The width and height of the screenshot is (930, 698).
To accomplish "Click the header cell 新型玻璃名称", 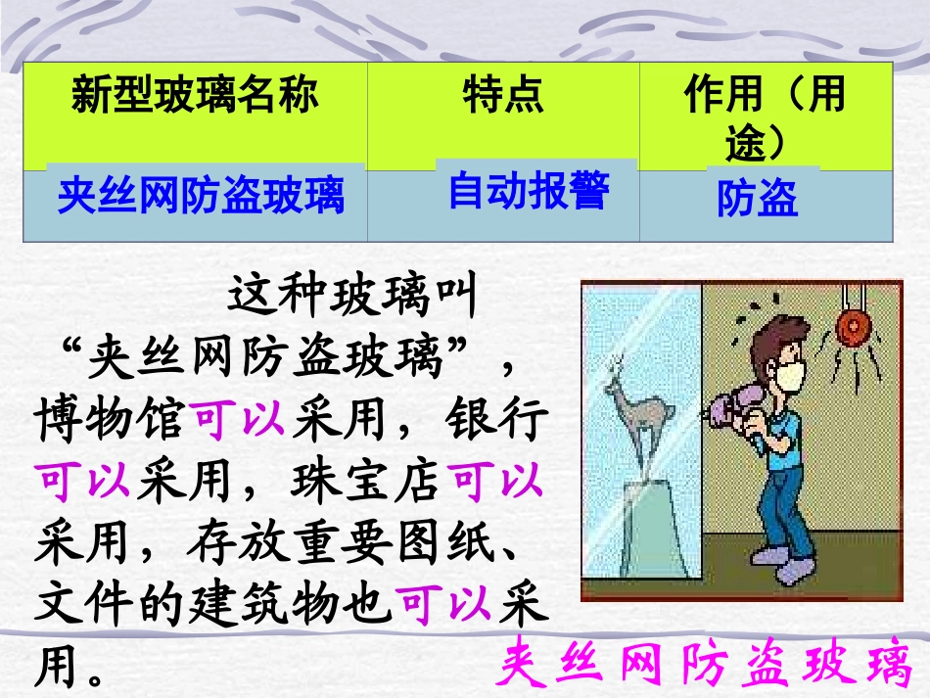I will pos(195,97).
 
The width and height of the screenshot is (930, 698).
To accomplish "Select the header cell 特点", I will pos(503,97).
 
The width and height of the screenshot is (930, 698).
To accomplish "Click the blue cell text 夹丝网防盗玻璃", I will pos(202,195).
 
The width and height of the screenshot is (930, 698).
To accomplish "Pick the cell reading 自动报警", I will pos(529,190).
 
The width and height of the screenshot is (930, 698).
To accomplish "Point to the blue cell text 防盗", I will pos(758,199).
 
